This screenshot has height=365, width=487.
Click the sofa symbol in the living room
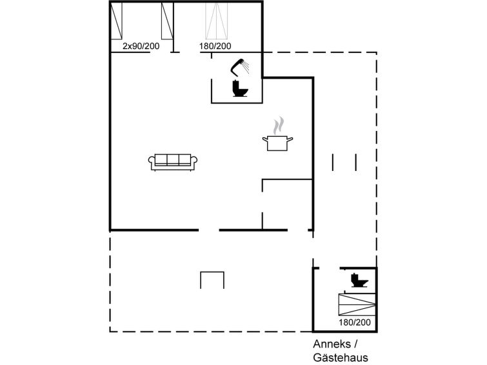pos(173,162)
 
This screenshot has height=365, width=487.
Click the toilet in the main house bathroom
pos(240,88)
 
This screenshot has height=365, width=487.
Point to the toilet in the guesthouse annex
pos(359,280)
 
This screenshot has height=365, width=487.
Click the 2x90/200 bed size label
pos(141,46)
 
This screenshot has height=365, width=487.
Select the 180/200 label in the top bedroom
pos(215,46)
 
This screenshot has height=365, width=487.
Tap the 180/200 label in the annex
pos(355,322)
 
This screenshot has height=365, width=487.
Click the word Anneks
pos(332,344)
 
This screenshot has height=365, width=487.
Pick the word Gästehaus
pos(341,357)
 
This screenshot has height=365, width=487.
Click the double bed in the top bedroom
pos(217,21)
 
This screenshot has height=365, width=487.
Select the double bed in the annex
pos(357,304)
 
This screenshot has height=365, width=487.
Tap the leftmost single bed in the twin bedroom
pos(117,21)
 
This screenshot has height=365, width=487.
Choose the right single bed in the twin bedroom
pos(167,21)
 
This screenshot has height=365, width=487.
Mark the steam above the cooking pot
pos(278,126)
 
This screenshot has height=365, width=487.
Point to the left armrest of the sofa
pos(152,161)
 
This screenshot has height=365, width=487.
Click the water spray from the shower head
pos(246,66)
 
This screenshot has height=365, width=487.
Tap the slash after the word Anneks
pos(355,344)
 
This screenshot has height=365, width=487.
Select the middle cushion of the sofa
pos(173,159)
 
